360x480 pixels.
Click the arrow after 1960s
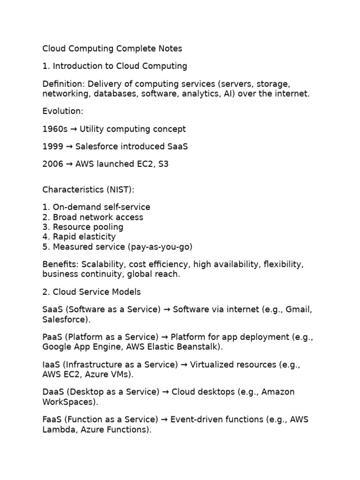click(x=74, y=129)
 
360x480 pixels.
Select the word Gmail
click(x=298, y=310)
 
